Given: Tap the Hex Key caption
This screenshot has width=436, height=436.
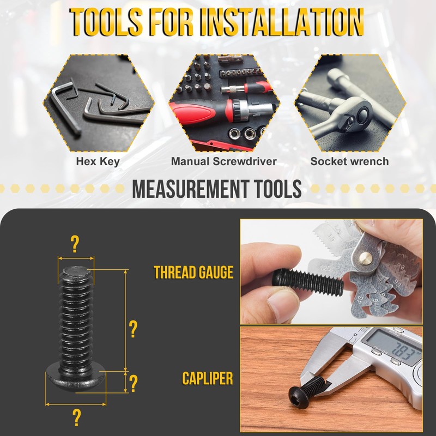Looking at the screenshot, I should tap(98, 161).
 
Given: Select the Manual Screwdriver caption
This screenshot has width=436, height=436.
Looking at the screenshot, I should tap(223, 161).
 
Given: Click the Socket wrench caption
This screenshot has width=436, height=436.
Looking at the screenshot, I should tap(349, 161).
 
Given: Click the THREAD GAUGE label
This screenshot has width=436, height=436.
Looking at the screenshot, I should tap(193, 272).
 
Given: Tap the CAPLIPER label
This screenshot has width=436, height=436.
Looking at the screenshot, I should tap(208, 378).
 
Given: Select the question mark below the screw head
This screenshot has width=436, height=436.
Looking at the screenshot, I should tap(76, 417).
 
